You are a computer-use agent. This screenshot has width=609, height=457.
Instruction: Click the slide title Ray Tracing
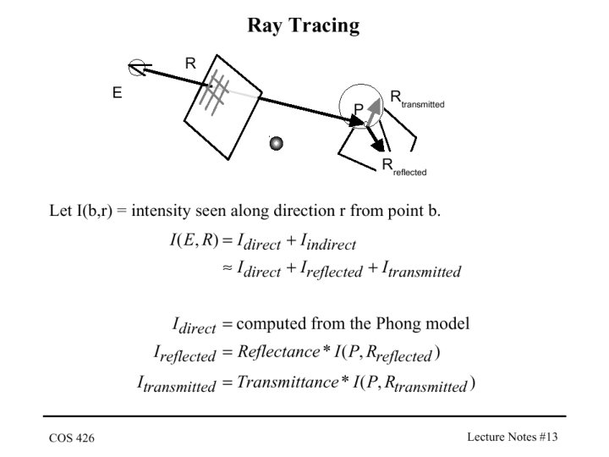click(304, 25)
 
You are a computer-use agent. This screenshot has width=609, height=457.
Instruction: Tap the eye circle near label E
click(137, 67)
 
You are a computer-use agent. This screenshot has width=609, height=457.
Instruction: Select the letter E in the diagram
click(117, 93)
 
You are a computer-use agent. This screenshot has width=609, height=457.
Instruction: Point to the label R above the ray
click(190, 63)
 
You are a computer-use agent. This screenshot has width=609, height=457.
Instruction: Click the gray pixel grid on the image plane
click(214, 92)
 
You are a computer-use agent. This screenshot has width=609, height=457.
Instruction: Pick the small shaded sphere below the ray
click(276, 143)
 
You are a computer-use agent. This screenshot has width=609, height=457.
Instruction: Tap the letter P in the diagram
click(358, 109)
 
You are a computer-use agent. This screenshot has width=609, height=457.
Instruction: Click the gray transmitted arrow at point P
click(374, 111)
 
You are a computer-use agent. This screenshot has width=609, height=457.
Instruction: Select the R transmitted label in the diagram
click(417, 99)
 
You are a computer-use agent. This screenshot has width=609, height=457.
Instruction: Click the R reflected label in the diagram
click(404, 168)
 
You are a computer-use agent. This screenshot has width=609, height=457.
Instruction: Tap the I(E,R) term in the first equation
click(195, 240)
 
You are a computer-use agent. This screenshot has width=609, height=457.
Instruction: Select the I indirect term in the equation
click(328, 242)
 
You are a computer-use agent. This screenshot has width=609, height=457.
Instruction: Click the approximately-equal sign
click(228, 267)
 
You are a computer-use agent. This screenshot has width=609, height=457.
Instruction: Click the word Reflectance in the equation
click(278, 352)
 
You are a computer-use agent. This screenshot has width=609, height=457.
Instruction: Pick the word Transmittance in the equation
click(288, 382)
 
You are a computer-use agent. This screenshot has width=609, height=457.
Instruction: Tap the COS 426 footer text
click(72, 438)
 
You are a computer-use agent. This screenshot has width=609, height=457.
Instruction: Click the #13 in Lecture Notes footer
click(548, 437)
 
